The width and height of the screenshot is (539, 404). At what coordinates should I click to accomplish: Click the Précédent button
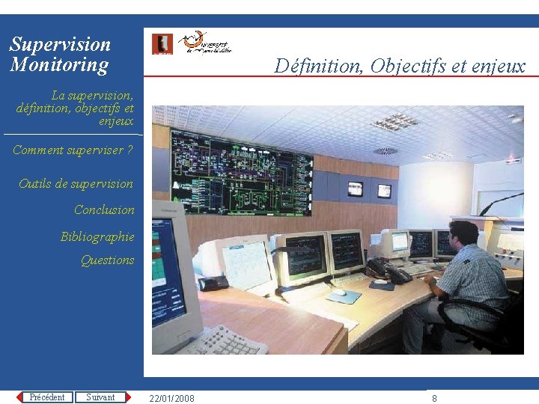[46, 397]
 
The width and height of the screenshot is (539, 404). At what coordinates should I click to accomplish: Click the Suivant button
[100, 397]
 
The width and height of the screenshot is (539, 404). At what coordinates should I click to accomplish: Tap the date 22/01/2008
[171, 398]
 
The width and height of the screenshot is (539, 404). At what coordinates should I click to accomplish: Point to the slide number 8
[434, 398]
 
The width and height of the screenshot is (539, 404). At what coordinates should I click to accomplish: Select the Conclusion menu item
[104, 210]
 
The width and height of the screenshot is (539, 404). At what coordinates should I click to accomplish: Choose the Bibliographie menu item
[97, 236]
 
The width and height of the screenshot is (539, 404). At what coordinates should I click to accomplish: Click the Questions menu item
[107, 260]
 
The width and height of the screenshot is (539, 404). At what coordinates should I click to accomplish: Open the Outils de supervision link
[76, 183]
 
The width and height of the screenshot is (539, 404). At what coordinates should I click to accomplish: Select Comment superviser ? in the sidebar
[73, 150]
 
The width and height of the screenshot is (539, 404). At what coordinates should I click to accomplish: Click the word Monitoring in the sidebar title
[59, 65]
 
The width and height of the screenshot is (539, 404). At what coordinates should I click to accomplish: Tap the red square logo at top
[162, 44]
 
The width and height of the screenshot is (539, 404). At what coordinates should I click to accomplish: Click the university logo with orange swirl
[207, 43]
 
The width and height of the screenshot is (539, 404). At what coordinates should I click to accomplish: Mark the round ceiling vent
[386, 151]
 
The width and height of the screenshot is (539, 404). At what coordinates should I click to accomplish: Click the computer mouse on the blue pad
[340, 293]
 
